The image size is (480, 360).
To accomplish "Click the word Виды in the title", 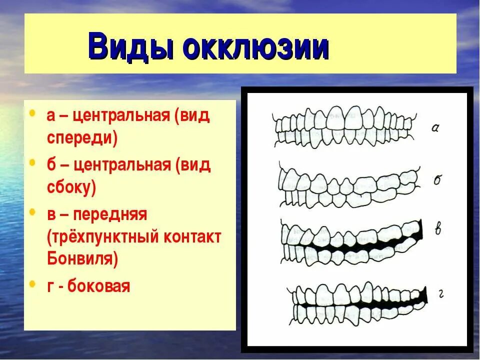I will pyautogui.click(x=131, y=47).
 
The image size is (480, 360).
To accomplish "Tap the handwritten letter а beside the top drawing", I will pyautogui.click(x=435, y=128).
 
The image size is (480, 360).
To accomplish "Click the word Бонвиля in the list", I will pyautogui.click(x=82, y=258).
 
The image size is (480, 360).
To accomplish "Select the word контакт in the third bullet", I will pyautogui.click(x=191, y=237).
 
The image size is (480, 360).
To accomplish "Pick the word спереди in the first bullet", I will pyautogui.click(x=82, y=138).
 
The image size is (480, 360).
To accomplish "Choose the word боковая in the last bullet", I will pyautogui.click(x=98, y=286).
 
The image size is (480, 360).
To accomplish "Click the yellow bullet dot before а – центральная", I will pyautogui.click(x=32, y=113).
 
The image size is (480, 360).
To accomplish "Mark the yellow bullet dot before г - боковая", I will pyautogui.click(x=32, y=284).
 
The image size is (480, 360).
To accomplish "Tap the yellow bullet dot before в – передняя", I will pyautogui.click(x=32, y=212).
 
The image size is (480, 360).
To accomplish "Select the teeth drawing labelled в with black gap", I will pyautogui.click(x=350, y=243).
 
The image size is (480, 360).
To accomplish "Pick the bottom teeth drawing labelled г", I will pyautogui.click(x=355, y=302).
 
